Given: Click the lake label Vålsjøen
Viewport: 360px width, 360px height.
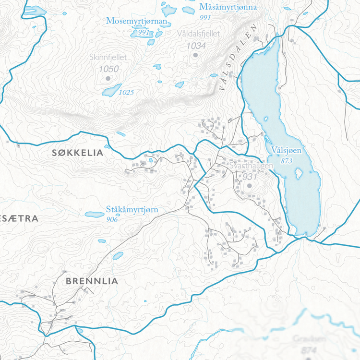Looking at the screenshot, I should tap(286, 150).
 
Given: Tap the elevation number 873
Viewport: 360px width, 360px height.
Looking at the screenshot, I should tap(288, 160).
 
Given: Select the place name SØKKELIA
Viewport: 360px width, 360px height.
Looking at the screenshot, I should tap(77, 153).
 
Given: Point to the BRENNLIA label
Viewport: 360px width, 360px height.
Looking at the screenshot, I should tap(91, 281).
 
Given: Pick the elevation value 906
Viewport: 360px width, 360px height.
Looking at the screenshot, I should tap(112, 219).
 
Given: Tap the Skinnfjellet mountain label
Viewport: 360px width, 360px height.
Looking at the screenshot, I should tap(108, 57).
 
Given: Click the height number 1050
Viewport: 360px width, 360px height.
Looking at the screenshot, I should tap(108, 69).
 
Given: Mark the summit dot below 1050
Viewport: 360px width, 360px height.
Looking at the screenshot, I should tap(108, 78).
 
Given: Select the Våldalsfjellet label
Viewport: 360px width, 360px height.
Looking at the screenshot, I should tap(198, 34).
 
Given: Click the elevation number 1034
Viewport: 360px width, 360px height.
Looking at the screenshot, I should tap(196, 46).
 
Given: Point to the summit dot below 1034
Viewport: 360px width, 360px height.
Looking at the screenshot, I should tap(195, 55).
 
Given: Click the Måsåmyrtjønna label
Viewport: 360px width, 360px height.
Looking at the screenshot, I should tap(228, 7).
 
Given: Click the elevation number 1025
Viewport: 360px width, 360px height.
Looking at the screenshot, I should tap(126, 92).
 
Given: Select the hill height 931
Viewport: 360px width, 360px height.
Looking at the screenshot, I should tap(251, 177).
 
